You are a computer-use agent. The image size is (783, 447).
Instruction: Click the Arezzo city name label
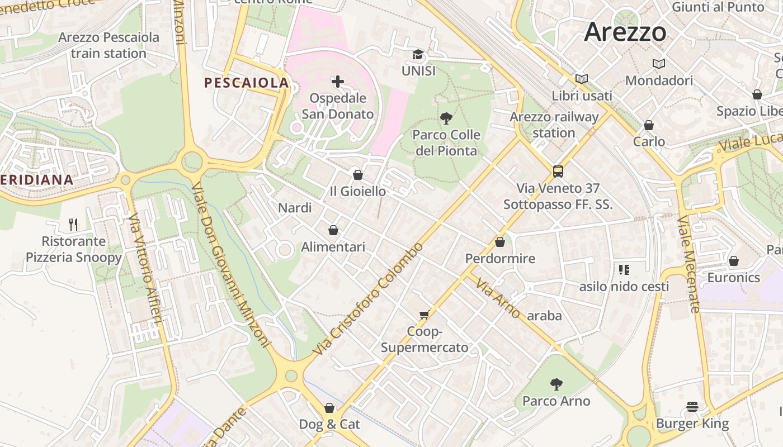tap(625, 32)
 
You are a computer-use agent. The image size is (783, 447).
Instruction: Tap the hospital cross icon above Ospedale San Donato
tap(338, 82)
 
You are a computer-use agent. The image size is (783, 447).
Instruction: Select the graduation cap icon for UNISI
tap(418, 55)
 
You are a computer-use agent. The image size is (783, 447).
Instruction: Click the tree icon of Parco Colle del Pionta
tap(446, 118)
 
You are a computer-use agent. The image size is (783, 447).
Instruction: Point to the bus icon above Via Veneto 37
tap(558, 172)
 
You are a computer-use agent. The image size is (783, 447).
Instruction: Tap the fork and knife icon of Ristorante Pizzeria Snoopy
tap(73, 225)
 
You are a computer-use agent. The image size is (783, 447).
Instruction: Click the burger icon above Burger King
tap(692, 407)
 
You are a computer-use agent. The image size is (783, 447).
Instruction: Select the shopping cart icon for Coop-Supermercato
tap(424, 315)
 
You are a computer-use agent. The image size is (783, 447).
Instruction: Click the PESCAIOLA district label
tap(247, 83)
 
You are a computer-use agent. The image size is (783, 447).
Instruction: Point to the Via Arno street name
tap(498, 298)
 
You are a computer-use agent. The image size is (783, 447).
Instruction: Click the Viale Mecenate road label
tap(688, 264)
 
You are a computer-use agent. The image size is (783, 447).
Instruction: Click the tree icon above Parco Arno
tap(556, 384)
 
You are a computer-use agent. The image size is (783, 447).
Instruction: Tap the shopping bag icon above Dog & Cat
tap(329, 408)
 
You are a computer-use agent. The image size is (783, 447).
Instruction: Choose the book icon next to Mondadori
tap(659, 64)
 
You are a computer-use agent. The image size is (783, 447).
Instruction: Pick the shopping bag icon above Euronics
tap(734, 261)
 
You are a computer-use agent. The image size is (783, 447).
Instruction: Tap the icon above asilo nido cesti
tap(624, 270)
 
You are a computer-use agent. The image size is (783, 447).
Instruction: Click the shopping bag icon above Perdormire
tap(500, 242)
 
